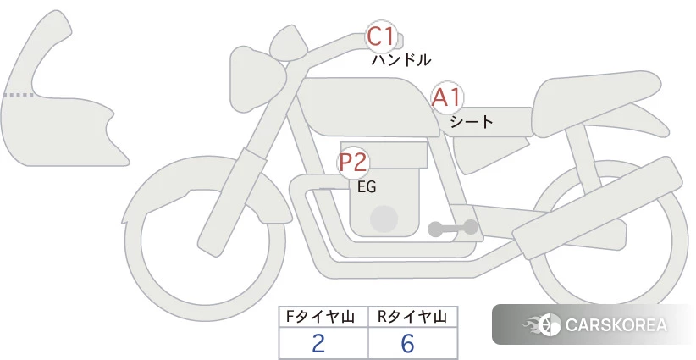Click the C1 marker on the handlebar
[381, 36]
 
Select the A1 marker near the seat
[447, 98]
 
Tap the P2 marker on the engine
[353, 163]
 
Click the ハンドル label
[400, 59]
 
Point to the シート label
[472, 121]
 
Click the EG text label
[367, 187]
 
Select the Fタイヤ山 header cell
[323, 317]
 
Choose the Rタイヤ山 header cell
[413, 317]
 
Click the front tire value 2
[318, 343]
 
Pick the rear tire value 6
[407, 343]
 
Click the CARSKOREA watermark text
[616, 325]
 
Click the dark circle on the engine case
[384, 219]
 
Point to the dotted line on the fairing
[18, 95]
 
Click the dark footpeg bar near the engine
[453, 228]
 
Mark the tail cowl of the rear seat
[599, 104]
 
